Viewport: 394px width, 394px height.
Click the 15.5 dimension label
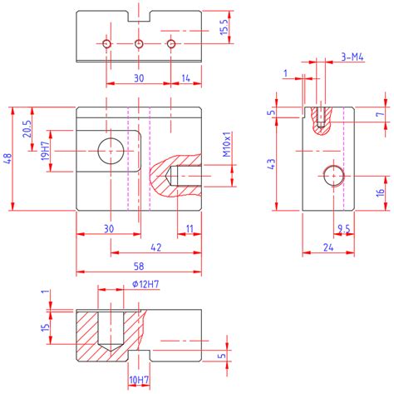pos(224,27)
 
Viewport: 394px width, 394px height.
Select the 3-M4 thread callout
pos(352,57)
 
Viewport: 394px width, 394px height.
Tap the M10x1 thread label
pos(227,144)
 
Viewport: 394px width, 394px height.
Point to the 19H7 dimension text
pos(46,151)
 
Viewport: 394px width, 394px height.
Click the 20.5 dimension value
pos(27,128)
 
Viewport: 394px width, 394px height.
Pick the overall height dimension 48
pos(8,158)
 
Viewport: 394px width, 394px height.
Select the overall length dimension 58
pos(139,267)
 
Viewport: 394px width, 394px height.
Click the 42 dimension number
pos(155,247)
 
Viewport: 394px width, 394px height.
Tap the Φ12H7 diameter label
pos(145,284)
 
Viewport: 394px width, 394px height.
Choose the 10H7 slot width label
pos(139,380)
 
